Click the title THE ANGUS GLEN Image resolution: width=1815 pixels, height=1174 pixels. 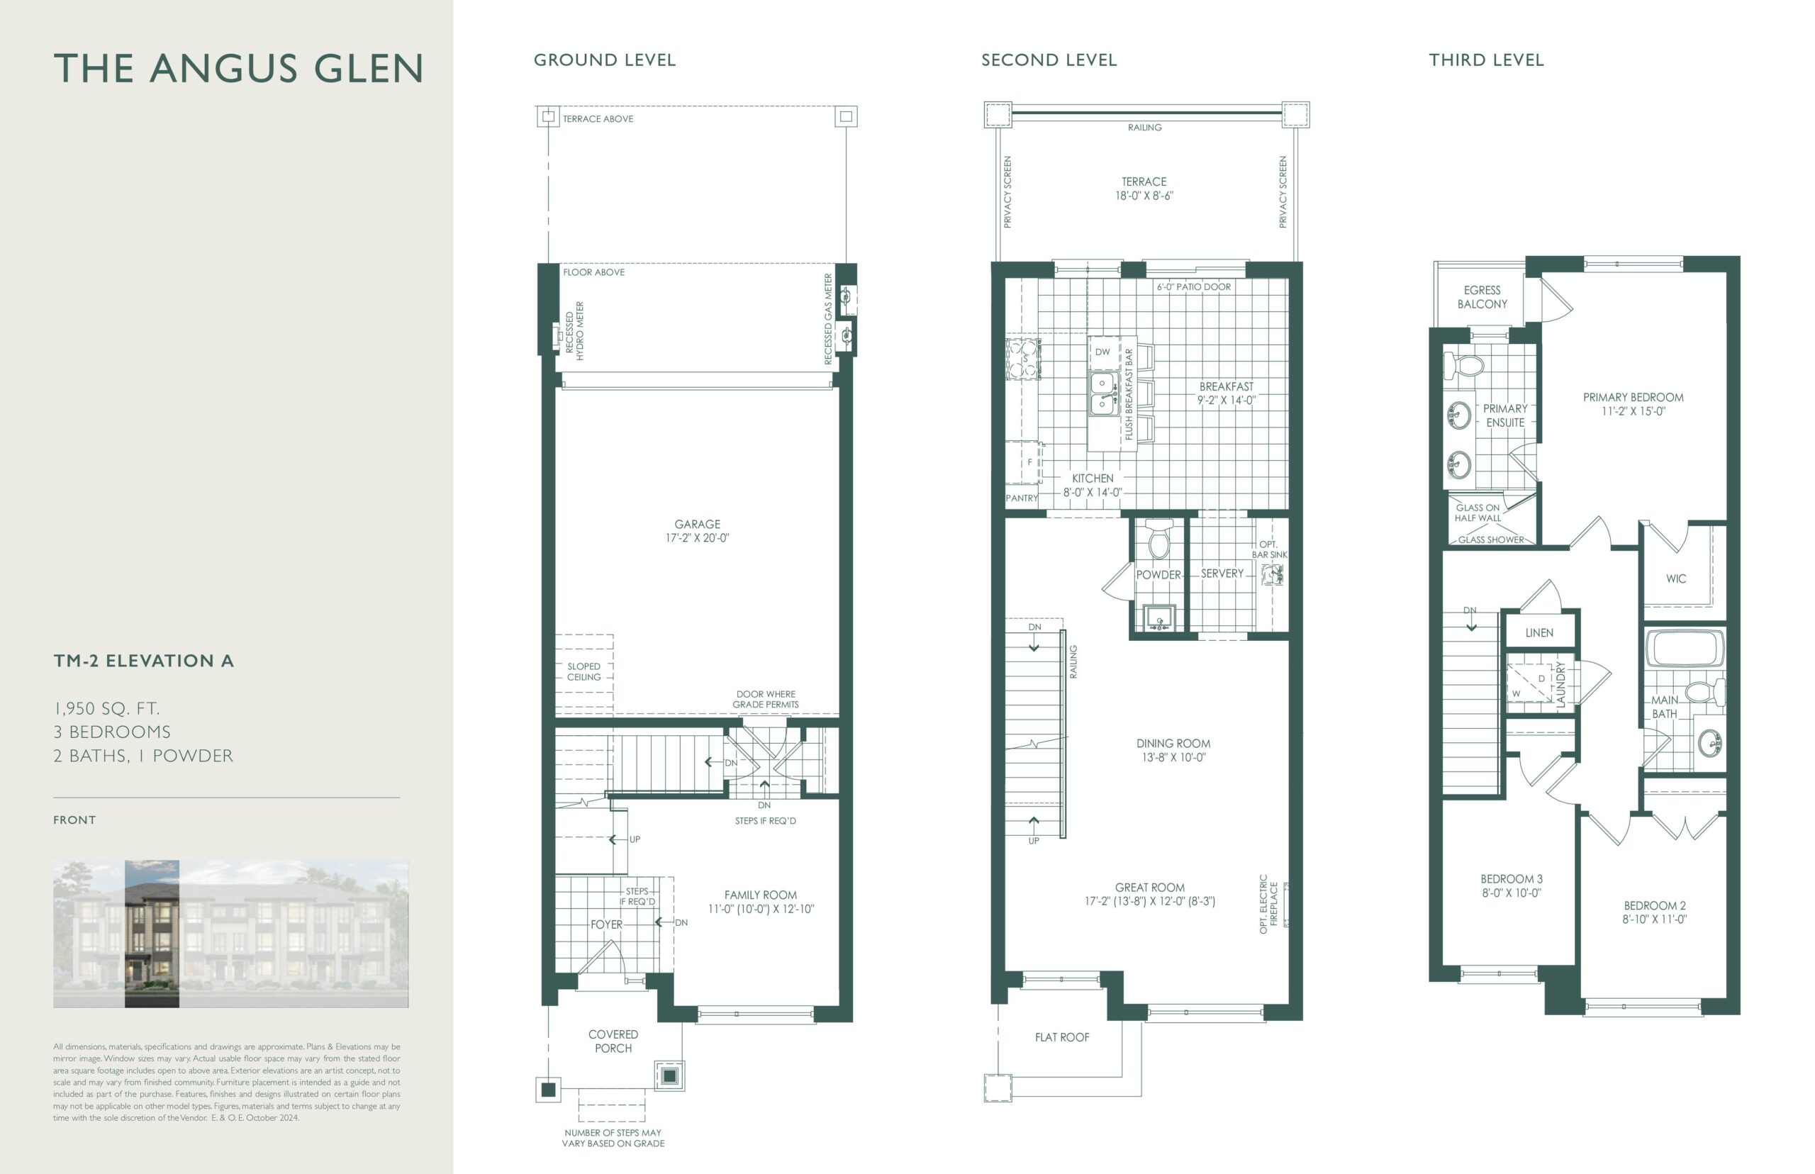pos(238,68)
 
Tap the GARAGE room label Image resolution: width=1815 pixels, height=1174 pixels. pos(697,524)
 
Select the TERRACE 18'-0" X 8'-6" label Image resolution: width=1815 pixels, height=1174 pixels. pos(1144,189)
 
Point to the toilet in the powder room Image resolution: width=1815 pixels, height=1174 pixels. pos(1158,540)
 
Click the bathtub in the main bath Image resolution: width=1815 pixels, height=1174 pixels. pos(1685,648)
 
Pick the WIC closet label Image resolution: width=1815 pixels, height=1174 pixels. pos(1675,578)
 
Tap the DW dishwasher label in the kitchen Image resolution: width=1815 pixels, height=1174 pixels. pos(1102,352)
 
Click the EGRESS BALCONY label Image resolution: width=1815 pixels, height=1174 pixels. pos(1482,296)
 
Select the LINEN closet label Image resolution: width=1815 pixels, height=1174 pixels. pos(1539,633)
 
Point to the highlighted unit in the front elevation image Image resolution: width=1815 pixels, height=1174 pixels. pos(152,934)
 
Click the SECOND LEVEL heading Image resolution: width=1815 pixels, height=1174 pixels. pos(1049,60)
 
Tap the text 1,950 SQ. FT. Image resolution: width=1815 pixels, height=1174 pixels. pos(107,708)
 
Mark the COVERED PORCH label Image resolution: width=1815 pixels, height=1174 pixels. pos(613,1041)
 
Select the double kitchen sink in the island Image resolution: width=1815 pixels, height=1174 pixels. pos(1103,393)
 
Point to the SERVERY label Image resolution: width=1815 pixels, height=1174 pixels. pos(1222,574)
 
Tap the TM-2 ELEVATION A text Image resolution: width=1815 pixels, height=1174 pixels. pos(143,661)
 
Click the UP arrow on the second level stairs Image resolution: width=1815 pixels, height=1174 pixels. pos(1034,823)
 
